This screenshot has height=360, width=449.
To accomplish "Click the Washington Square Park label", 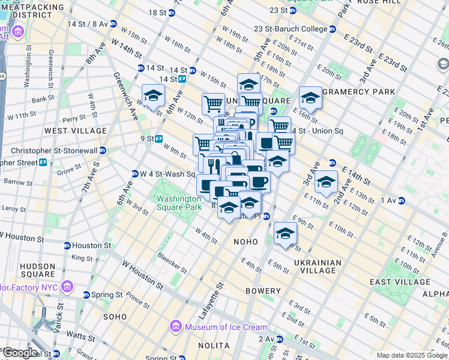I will pyautogui.click(x=178, y=203).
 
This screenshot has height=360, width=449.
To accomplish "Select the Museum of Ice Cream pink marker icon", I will pyautogui.click(x=176, y=327).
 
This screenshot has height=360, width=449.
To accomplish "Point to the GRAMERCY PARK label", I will pyautogui.click(x=358, y=91).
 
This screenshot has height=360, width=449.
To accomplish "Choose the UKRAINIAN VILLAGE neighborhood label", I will pyautogui.click(x=318, y=266).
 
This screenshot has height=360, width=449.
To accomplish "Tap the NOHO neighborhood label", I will pyautogui.click(x=246, y=242).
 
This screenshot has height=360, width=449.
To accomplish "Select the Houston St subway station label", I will pyautogui.click(x=91, y=245).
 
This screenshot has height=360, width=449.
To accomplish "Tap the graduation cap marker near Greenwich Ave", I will pyautogui.click(x=153, y=96).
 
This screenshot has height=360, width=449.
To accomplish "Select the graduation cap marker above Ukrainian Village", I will pyautogui.click(x=285, y=234).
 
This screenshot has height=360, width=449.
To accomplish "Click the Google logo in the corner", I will pyautogui.click(x=19, y=353).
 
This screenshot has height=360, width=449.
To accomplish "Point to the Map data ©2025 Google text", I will pyautogui.click(x=411, y=355).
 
